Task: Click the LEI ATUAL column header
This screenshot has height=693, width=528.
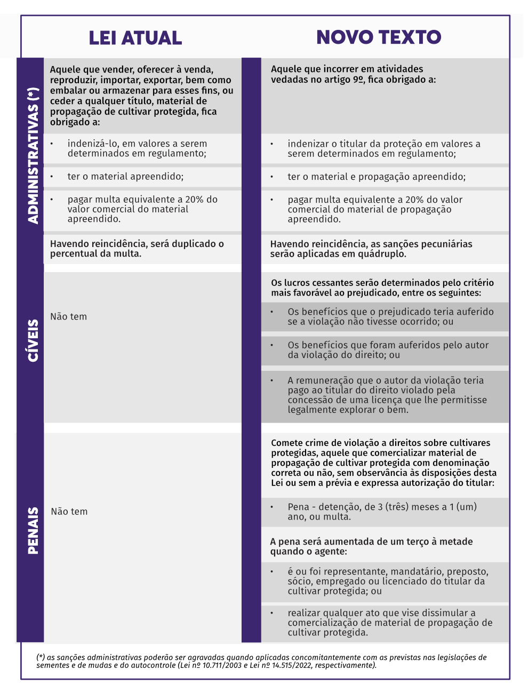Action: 135,38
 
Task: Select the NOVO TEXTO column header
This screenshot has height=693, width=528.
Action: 379,37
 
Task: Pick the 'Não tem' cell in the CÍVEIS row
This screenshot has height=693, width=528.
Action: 68,316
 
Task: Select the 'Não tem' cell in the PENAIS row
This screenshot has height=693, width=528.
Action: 69,512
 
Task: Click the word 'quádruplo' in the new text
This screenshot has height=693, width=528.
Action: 383,254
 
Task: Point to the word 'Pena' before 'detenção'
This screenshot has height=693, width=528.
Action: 298,507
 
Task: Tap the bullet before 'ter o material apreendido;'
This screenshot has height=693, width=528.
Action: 52,177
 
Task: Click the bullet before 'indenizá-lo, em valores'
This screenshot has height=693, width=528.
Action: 52,144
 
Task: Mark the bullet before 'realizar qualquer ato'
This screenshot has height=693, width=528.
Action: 272,613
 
